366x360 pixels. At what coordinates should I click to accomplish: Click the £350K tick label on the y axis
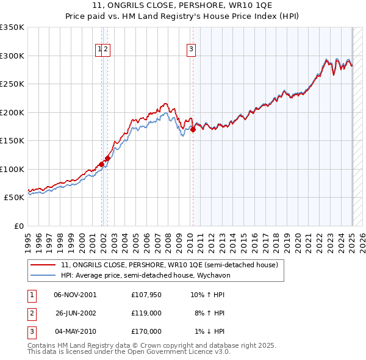(x=12, y=27)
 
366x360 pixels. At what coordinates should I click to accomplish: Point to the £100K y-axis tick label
(x=12, y=169)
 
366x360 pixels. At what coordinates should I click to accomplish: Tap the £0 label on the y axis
(x=19, y=226)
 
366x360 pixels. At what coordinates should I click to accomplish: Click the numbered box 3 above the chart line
(x=191, y=50)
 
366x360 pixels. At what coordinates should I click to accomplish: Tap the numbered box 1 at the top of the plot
(x=98, y=50)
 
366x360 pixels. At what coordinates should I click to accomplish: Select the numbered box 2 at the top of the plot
(x=106, y=50)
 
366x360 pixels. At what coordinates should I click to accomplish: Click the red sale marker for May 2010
(x=193, y=129)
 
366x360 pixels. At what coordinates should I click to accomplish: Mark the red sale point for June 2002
(x=107, y=158)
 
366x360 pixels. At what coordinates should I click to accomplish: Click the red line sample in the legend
(x=43, y=265)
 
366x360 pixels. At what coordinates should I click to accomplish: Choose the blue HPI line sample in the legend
(x=43, y=275)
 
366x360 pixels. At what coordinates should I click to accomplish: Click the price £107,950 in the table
(x=146, y=295)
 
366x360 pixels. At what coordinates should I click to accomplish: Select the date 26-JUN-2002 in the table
(x=75, y=313)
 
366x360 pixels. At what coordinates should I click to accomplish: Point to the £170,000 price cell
(x=146, y=331)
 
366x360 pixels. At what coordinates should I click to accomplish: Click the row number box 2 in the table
(x=31, y=313)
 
